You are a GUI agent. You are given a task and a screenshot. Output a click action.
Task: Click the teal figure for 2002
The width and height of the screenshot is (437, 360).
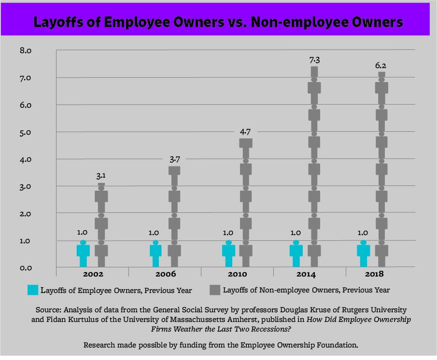click(x=83, y=253)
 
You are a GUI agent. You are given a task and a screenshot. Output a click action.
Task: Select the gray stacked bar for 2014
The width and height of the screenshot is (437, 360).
click(x=314, y=166)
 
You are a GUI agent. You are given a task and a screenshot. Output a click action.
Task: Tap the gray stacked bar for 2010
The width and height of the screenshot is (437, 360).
click(x=246, y=203)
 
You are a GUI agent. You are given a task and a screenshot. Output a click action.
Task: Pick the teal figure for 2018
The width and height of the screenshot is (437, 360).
click(x=363, y=253)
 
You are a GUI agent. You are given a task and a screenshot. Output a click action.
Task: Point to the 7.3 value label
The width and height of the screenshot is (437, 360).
click(x=314, y=60)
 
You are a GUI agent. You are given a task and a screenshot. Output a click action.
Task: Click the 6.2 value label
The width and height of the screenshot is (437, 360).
click(x=381, y=65)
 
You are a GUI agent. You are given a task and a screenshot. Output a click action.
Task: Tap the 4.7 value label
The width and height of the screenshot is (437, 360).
click(x=246, y=131)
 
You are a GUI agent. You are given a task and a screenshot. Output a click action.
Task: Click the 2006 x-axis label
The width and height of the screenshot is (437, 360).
click(x=165, y=274)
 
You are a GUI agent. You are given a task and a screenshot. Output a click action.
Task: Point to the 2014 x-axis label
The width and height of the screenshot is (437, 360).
click(x=305, y=274)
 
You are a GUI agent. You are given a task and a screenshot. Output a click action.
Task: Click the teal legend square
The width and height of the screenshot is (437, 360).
click(x=32, y=290)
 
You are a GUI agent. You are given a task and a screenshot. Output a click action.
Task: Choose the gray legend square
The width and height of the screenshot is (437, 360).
click(x=214, y=290)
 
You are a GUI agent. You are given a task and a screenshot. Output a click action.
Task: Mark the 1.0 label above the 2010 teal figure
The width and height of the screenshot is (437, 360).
click(x=228, y=233)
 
